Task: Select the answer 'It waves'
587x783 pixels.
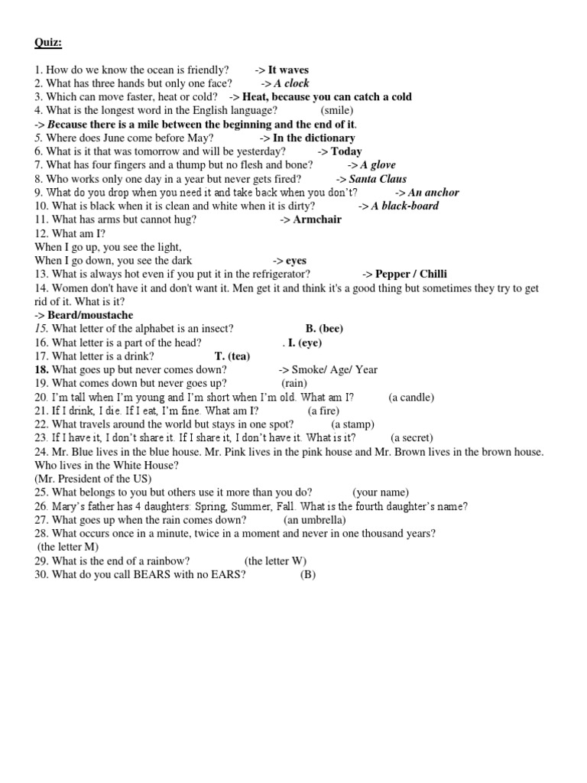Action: point(288,70)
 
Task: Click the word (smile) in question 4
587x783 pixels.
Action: point(337,110)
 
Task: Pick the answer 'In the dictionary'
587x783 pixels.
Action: point(313,138)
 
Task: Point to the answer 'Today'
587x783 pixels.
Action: point(346,151)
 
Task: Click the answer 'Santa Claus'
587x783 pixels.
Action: point(378,179)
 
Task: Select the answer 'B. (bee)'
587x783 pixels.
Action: point(324,329)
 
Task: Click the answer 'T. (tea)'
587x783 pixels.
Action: point(232,356)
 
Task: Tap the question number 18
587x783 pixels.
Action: point(41,370)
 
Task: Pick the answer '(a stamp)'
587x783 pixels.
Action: point(352,424)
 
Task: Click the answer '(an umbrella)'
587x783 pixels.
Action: point(310,520)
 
